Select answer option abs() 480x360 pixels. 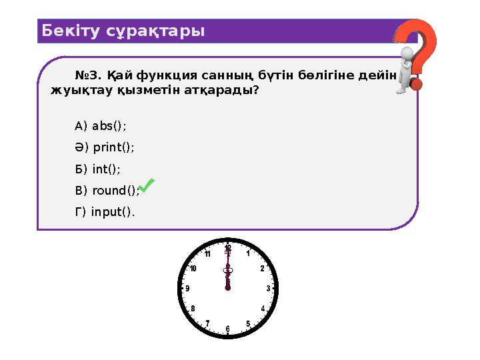[101, 126]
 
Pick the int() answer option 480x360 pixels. [98, 169]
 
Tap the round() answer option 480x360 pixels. [107, 191]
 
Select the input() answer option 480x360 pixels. [105, 212]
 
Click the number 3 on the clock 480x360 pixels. [268, 289]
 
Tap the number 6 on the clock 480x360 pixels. [228, 329]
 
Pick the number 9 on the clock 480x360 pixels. [188, 289]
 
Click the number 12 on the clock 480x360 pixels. [228, 248]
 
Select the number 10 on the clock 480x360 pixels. [193, 269]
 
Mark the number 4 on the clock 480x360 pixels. [263, 309]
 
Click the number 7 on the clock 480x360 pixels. [208, 323]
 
